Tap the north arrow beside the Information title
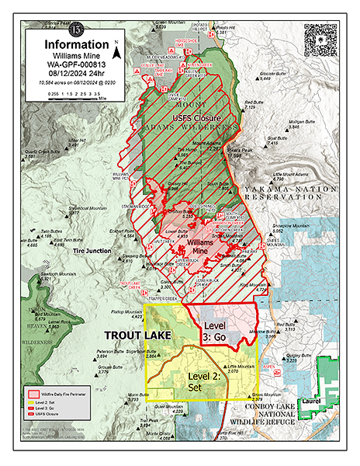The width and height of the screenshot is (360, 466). click(x=116, y=51)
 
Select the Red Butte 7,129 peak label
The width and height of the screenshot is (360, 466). click(x=254, y=105)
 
